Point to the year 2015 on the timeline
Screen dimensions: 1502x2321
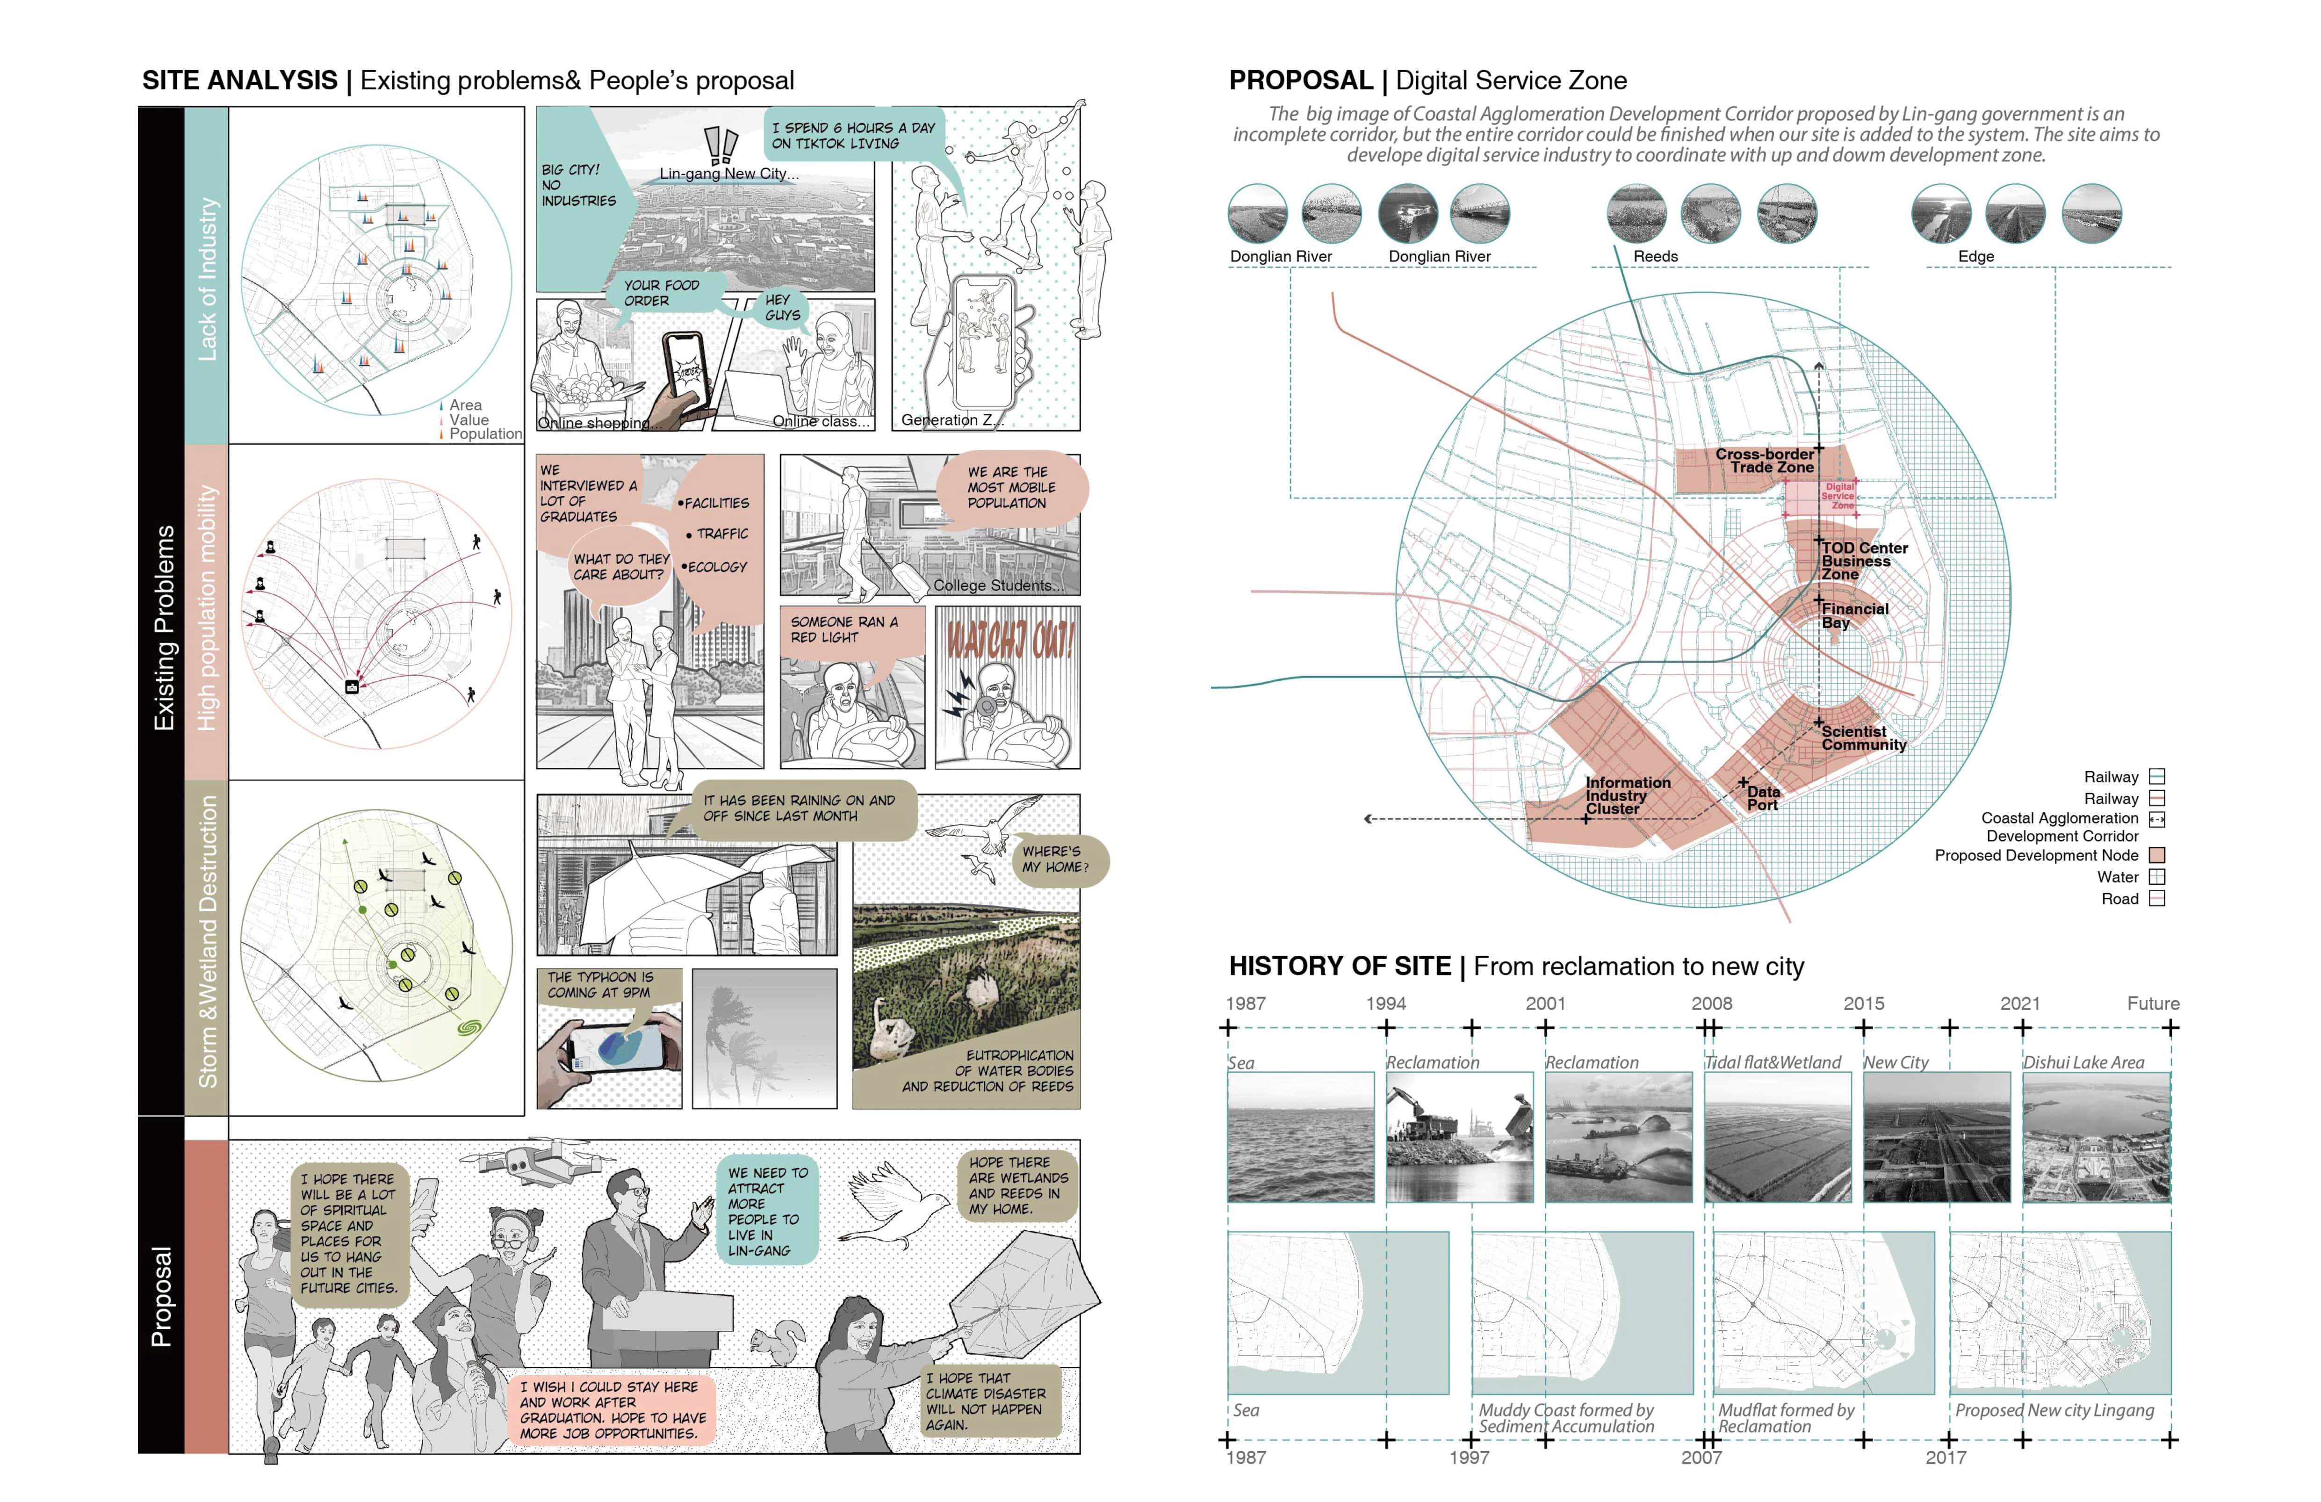click(x=1863, y=1004)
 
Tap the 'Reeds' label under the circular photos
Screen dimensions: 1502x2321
click(x=1655, y=257)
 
